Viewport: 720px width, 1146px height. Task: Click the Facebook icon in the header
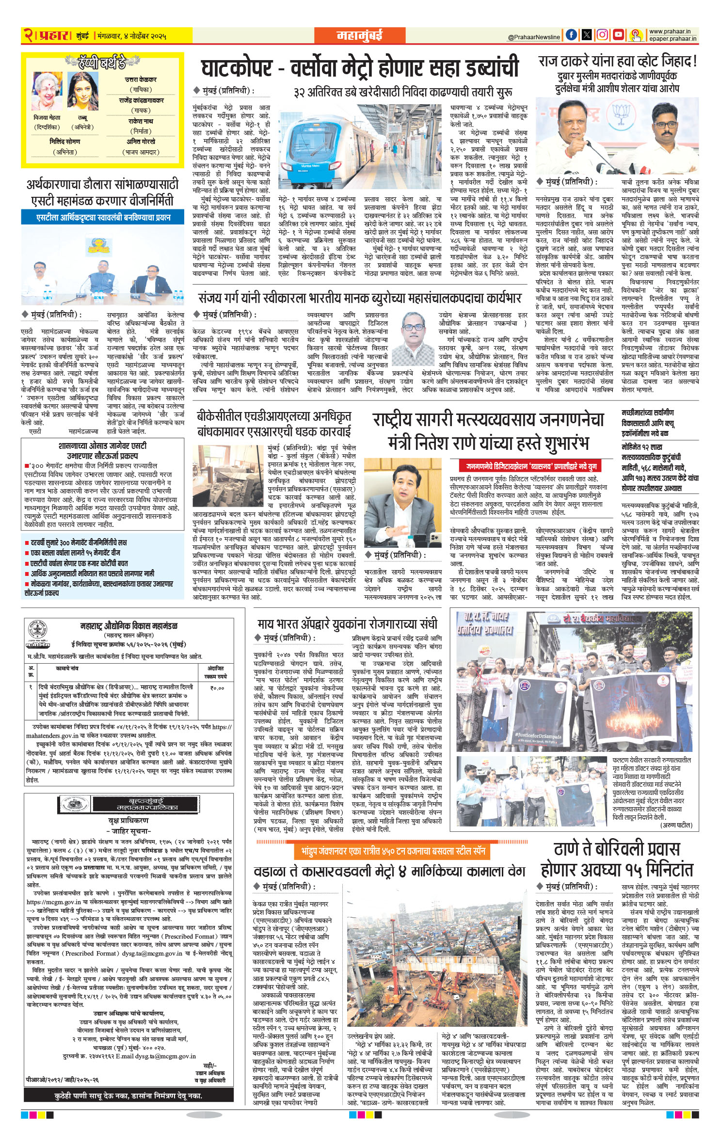(572, 35)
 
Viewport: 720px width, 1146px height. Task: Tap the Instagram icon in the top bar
(602, 35)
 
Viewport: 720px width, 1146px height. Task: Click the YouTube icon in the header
(618, 35)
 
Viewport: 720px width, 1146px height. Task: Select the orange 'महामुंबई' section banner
(359, 35)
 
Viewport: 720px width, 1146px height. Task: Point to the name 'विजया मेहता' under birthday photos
(47, 118)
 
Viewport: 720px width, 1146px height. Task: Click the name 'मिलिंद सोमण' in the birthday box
(64, 142)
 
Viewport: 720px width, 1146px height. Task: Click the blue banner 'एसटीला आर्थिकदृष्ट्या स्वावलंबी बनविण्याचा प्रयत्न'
(103, 217)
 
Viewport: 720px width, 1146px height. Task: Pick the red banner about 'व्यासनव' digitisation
(526, 466)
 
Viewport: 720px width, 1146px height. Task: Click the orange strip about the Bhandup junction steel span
(393, 851)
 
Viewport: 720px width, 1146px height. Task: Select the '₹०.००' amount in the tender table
(217, 688)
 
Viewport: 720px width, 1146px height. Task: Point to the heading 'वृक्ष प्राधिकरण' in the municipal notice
(128, 820)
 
